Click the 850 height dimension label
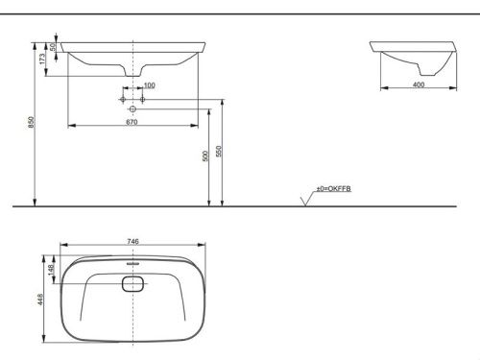[32, 123]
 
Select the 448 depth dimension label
[39, 298]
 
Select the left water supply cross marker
[121, 99]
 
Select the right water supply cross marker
[142, 99]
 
